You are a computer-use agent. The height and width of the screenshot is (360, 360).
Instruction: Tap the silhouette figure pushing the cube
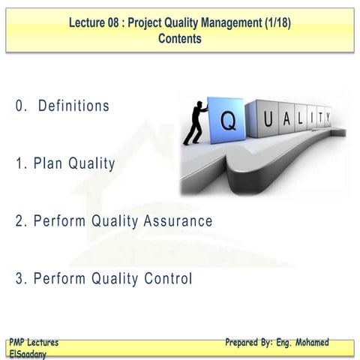pyautogui.click(x=193, y=123)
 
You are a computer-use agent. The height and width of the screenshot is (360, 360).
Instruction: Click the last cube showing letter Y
pyautogui.click(x=328, y=115)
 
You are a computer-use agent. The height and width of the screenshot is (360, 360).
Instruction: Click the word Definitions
pyautogui.click(x=73, y=106)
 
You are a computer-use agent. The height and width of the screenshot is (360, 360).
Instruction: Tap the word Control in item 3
pyautogui.click(x=164, y=279)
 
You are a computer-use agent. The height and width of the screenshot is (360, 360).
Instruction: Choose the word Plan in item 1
pyautogui.click(x=49, y=163)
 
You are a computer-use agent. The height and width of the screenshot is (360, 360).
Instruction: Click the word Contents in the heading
pyautogui.click(x=180, y=39)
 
